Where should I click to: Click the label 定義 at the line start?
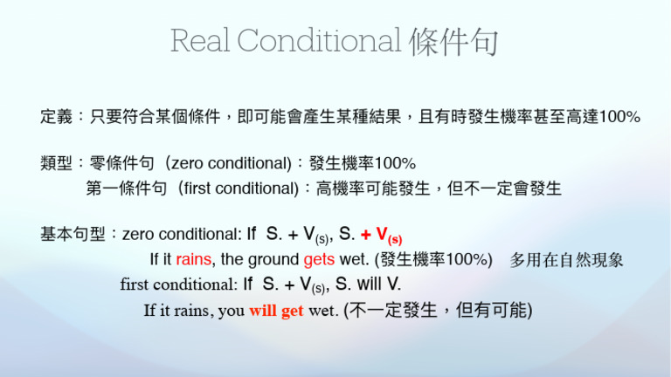(56, 116)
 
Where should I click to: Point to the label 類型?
(56, 163)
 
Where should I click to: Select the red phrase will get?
(276, 311)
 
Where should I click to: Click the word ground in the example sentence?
(273, 259)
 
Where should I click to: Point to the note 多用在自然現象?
(567, 259)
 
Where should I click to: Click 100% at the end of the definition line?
(617, 116)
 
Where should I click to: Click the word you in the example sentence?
(232, 311)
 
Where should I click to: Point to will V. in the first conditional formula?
(368, 284)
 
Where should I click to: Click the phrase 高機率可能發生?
(372, 188)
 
